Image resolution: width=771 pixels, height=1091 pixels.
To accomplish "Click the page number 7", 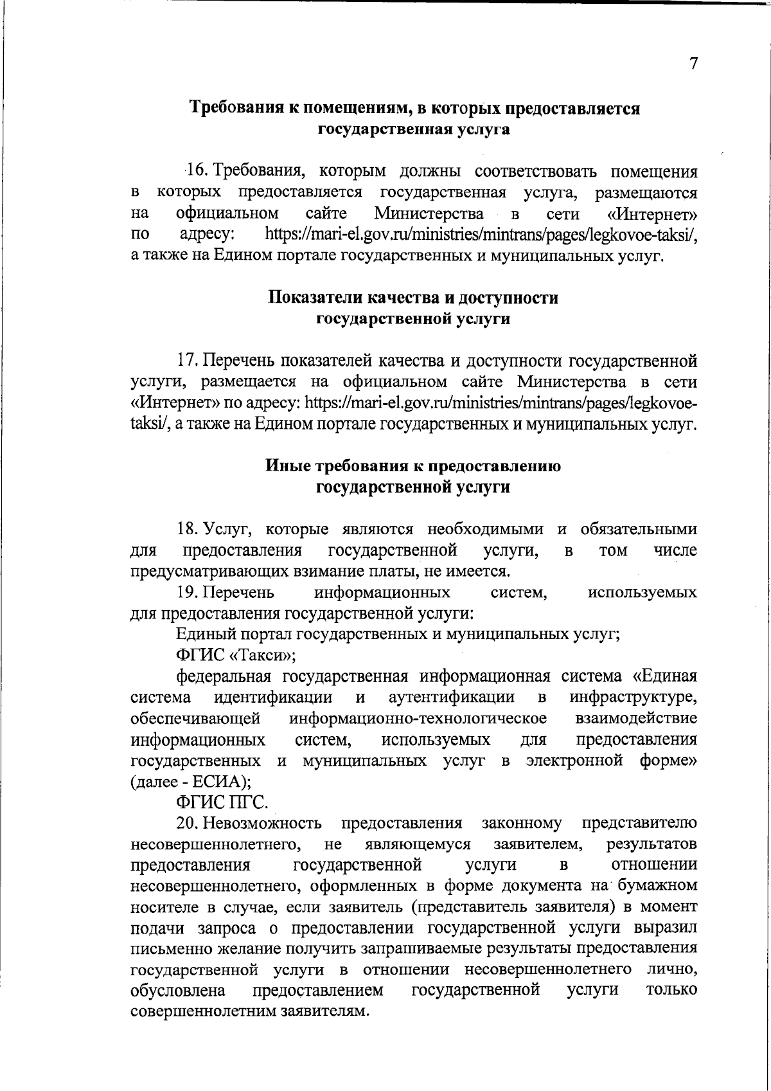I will [x=693, y=64].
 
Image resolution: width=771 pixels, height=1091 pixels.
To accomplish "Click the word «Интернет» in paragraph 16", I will [x=653, y=213].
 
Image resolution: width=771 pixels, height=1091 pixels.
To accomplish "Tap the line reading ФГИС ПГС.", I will [x=222, y=802].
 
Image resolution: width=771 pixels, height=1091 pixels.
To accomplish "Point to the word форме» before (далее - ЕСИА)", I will [x=668, y=761].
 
